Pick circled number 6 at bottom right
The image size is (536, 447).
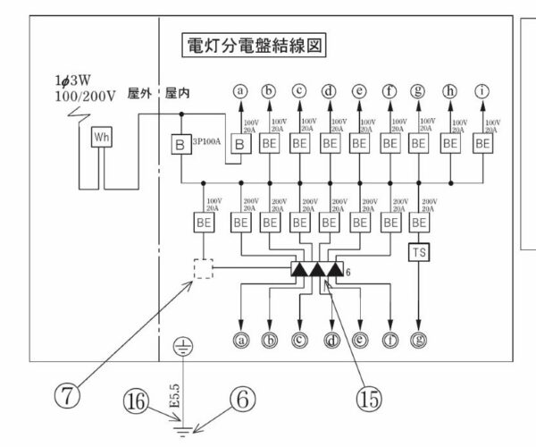[x=241, y=402]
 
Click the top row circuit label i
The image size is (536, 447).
[x=483, y=90]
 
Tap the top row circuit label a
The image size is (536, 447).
[x=239, y=90]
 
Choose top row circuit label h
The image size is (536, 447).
[x=452, y=90]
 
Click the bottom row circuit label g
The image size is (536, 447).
[x=421, y=340]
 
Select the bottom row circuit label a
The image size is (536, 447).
[x=239, y=340]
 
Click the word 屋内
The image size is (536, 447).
[x=177, y=93]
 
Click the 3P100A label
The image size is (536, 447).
[x=206, y=140]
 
